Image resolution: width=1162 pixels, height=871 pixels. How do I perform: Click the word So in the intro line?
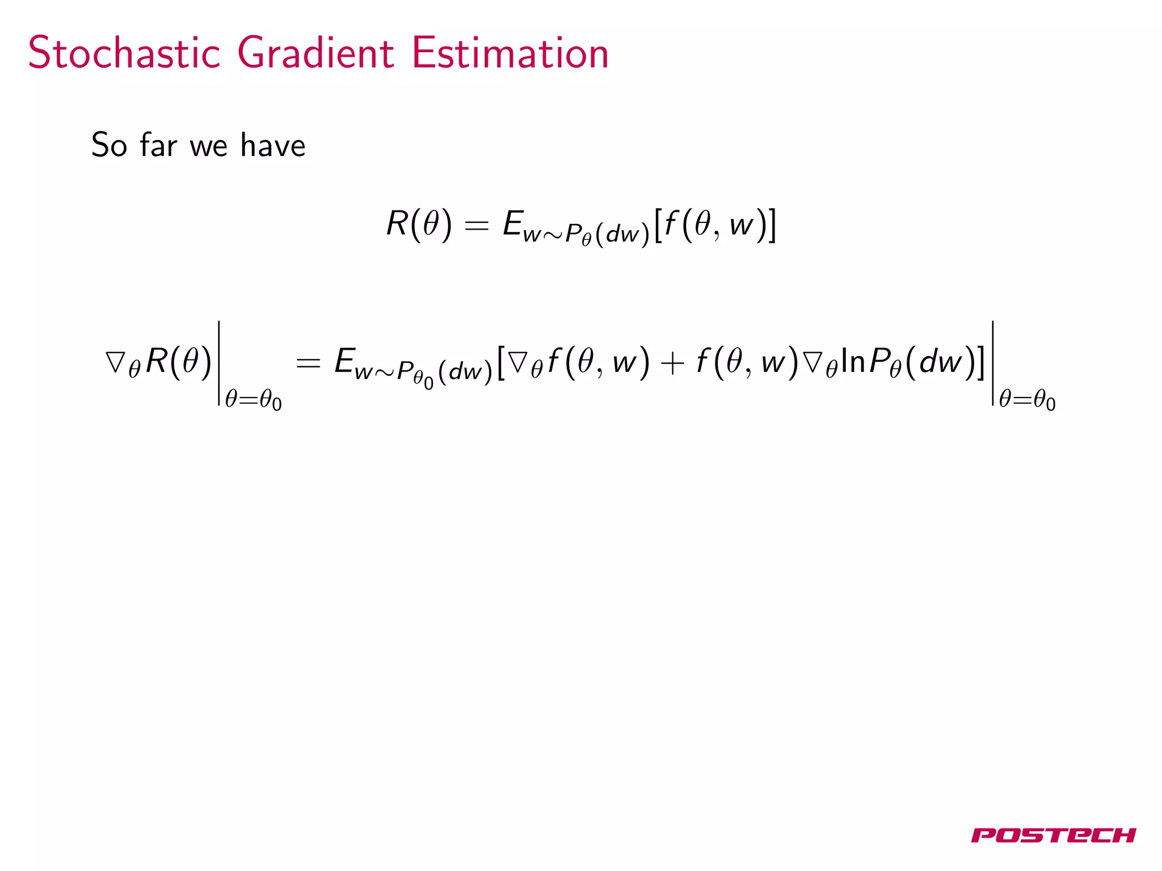(x=109, y=145)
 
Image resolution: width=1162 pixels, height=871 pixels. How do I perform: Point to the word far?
(x=158, y=145)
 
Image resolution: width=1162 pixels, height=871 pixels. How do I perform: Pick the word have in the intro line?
(x=273, y=145)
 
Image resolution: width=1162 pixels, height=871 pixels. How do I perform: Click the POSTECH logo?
(x=1053, y=835)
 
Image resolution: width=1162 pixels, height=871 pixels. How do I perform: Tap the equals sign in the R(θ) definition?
(x=476, y=226)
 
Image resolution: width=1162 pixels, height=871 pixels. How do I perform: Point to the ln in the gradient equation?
(x=853, y=361)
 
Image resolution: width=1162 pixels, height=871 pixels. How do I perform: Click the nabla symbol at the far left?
(x=116, y=361)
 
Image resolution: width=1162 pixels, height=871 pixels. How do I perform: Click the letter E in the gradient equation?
(x=344, y=361)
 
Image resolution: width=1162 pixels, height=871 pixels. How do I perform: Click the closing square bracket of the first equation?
(x=772, y=225)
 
